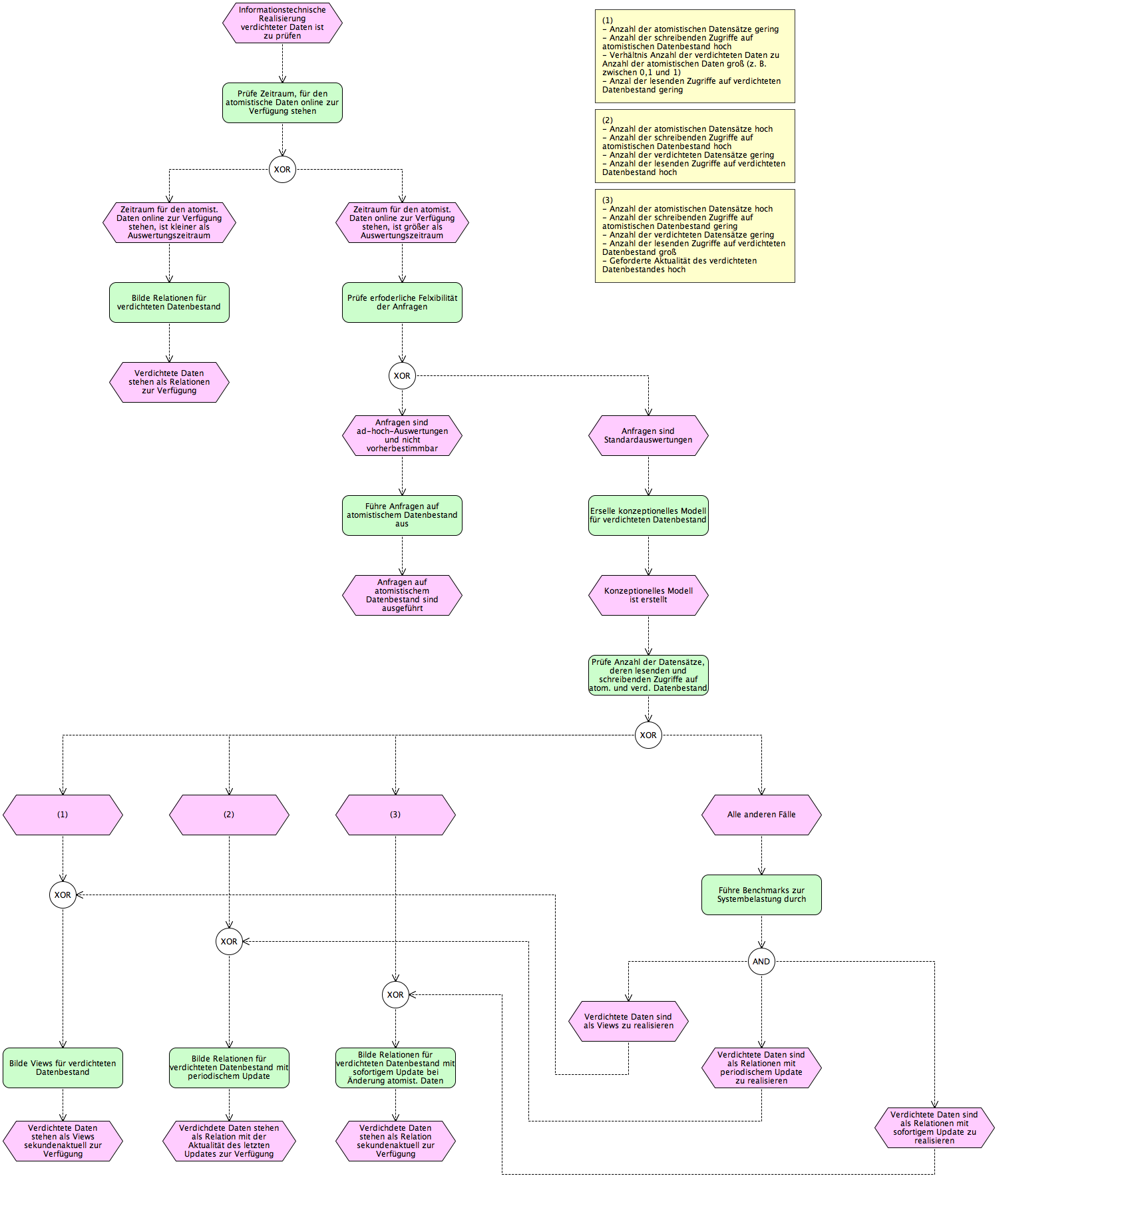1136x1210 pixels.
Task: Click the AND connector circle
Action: (x=761, y=961)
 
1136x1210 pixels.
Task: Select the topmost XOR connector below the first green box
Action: (x=282, y=169)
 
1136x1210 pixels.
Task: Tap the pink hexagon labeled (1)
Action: (x=63, y=815)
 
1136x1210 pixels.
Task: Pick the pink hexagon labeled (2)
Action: (x=229, y=815)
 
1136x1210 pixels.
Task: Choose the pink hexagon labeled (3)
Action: (x=395, y=815)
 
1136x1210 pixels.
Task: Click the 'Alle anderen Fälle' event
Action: (x=761, y=815)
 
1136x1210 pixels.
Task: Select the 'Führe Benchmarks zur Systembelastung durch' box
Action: (x=761, y=895)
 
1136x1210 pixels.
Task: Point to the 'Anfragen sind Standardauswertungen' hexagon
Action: (x=648, y=435)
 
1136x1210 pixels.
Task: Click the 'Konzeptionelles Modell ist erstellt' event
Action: (x=648, y=595)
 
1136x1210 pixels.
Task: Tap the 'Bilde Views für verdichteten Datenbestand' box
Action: (x=63, y=1068)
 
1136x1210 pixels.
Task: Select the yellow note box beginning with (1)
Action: (x=695, y=56)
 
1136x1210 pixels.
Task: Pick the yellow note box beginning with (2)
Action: (x=695, y=146)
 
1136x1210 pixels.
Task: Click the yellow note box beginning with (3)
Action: (x=695, y=236)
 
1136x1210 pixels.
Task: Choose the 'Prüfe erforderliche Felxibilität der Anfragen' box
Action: (x=402, y=302)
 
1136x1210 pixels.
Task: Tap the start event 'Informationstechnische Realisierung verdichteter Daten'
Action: (x=282, y=23)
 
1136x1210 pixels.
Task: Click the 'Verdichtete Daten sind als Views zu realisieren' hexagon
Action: (x=628, y=1021)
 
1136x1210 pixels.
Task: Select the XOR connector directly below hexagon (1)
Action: (x=63, y=895)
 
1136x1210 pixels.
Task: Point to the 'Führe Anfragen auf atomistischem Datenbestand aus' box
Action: (x=402, y=515)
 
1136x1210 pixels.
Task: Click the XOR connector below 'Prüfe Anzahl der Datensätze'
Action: (x=648, y=735)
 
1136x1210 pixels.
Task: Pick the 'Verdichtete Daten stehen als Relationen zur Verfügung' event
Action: (x=169, y=382)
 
